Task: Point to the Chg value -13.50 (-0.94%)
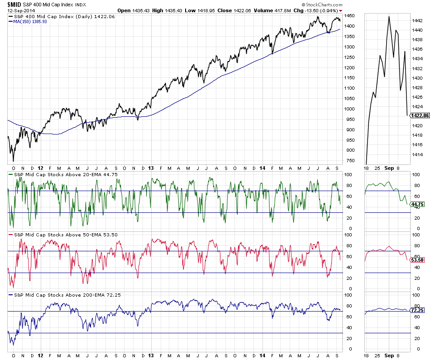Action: (322, 10)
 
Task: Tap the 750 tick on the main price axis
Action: (349, 161)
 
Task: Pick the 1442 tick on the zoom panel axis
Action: (417, 20)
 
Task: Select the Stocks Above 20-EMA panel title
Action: (56, 174)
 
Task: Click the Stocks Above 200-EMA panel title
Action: (57, 295)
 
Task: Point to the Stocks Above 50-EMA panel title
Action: (56, 235)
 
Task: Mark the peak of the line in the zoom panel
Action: (389, 16)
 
